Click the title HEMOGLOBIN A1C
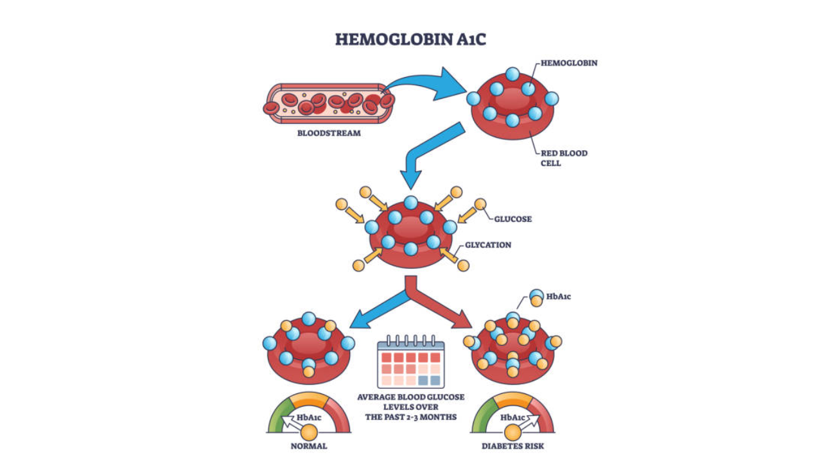411,39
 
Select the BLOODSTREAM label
329,133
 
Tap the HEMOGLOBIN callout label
569,64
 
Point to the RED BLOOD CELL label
563,158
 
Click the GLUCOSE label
512,219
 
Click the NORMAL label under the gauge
308,446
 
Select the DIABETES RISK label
512,446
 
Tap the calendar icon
410,362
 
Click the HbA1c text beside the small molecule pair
559,296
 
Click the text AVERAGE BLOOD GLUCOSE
411,397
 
